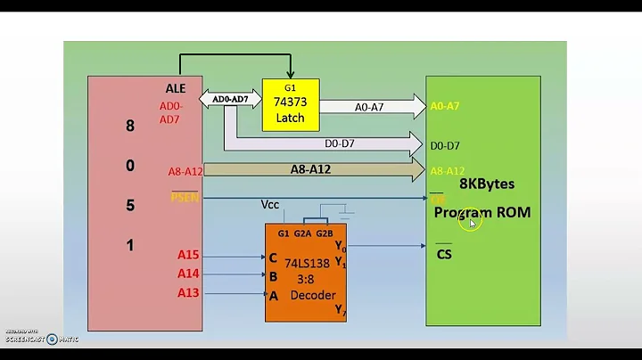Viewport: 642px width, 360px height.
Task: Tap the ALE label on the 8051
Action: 176,88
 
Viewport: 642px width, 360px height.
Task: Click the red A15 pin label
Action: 187,256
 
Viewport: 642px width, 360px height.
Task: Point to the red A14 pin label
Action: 187,274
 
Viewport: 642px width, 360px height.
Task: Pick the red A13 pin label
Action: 187,292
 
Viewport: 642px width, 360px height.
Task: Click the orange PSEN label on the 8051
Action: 185,197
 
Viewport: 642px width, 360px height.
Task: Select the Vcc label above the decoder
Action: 270,204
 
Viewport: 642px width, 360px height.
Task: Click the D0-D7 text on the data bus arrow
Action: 337,142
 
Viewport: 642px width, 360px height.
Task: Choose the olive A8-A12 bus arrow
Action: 312,169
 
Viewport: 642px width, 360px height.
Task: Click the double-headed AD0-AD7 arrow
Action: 230,99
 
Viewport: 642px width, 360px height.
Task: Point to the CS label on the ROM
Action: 444,255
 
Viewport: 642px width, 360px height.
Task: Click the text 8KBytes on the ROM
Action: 487,184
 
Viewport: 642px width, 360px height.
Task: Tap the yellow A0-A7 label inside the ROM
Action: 445,106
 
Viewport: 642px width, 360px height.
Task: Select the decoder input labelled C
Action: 273,257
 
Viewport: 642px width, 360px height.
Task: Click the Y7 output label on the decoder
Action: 340,309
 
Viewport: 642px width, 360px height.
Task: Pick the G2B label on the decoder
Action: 324,233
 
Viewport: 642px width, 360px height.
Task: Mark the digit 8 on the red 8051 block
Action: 130,126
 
